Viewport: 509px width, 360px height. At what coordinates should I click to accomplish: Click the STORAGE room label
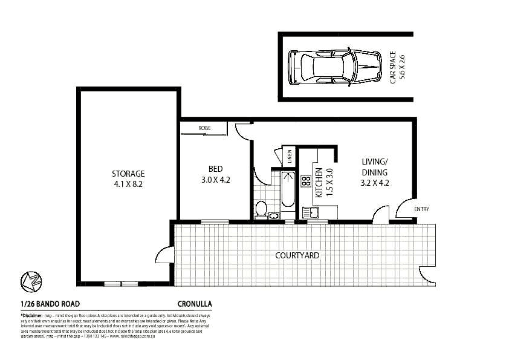tap(128, 174)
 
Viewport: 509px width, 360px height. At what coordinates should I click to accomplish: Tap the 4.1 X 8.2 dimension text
tap(128, 184)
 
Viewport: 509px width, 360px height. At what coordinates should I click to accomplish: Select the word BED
tap(215, 169)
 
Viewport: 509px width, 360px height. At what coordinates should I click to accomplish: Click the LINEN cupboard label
tap(290, 156)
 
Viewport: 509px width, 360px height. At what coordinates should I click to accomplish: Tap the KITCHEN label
tap(319, 183)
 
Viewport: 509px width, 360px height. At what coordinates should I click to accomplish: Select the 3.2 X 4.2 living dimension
tap(374, 182)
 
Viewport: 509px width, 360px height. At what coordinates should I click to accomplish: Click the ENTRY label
tap(421, 209)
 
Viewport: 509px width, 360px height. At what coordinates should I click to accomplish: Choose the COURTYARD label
tap(297, 255)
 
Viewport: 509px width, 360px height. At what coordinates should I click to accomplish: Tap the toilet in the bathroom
tap(261, 209)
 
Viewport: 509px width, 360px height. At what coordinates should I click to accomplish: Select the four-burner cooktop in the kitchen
tap(306, 180)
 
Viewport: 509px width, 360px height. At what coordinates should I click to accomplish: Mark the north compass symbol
tap(30, 281)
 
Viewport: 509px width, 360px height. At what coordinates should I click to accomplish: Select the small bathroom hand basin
tap(273, 215)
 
